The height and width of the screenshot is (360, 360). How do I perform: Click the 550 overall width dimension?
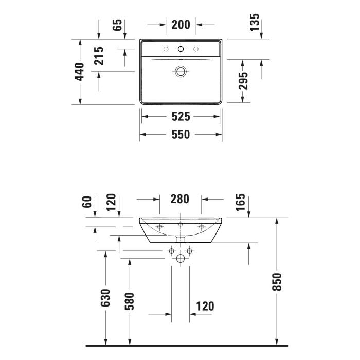point(181,135)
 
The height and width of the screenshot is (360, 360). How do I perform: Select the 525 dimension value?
point(181,117)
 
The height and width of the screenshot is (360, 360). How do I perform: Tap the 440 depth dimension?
point(79,72)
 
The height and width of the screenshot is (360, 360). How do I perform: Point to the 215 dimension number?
point(99,56)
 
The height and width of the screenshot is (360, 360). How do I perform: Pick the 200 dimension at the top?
point(181,24)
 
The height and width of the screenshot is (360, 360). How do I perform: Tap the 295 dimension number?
point(244,81)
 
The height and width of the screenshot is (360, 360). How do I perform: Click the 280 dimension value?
point(179,199)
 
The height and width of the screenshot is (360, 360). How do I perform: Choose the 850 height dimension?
point(277,281)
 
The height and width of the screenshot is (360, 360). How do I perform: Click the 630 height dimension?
point(105,298)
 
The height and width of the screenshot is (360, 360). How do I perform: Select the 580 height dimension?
point(129,301)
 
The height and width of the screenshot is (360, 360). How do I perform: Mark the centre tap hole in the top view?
point(181,49)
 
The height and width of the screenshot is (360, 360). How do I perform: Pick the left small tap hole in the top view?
point(166,49)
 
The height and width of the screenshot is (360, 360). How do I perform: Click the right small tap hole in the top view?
point(196,49)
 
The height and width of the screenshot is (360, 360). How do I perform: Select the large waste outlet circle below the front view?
point(181,258)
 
